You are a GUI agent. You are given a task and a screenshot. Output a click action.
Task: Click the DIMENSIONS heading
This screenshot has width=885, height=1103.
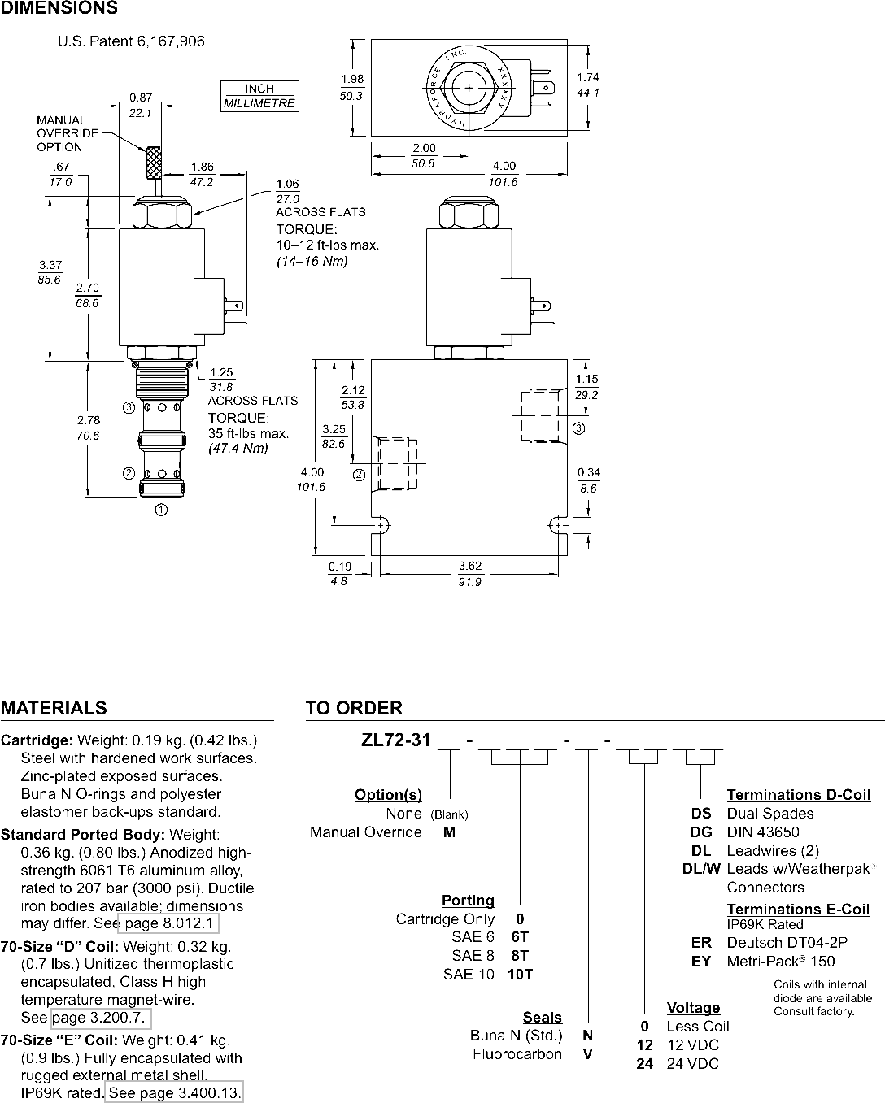pyautogui.click(x=59, y=7)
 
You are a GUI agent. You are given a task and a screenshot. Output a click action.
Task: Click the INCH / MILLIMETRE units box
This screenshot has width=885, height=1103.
pyautogui.click(x=259, y=96)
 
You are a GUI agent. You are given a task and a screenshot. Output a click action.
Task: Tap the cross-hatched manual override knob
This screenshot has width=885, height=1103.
pyautogui.click(x=154, y=163)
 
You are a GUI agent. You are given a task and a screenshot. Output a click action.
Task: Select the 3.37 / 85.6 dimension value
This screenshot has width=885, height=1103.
pyautogui.click(x=50, y=272)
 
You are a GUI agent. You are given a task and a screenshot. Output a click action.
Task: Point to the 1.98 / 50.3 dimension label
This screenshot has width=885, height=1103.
pyautogui.click(x=352, y=87)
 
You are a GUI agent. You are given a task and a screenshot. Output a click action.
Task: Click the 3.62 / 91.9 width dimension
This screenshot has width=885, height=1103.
pyautogui.click(x=470, y=574)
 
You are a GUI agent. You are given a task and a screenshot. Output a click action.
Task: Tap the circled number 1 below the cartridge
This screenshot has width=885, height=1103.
pyautogui.click(x=161, y=510)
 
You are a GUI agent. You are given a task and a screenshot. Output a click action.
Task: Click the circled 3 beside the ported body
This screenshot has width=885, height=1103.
pyautogui.click(x=578, y=428)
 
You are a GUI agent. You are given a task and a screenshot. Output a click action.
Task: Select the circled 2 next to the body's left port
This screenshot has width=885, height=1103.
pyautogui.click(x=360, y=476)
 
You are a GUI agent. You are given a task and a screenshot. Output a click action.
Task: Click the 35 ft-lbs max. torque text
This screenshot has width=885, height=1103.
pyautogui.click(x=248, y=433)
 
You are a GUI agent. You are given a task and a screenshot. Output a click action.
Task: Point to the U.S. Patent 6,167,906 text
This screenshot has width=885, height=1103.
pyautogui.click(x=131, y=41)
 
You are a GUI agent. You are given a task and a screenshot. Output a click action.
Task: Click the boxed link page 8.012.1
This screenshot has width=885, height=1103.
pyautogui.click(x=168, y=923)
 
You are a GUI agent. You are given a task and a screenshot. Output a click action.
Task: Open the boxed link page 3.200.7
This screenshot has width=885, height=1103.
pyautogui.click(x=101, y=1017)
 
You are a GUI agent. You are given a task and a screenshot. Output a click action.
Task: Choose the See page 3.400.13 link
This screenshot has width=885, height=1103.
pyautogui.click(x=174, y=1092)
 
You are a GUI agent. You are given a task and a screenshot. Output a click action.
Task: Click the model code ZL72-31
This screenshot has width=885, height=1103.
pyautogui.click(x=395, y=740)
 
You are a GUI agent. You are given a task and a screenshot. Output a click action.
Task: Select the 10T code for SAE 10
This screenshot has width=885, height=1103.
pyautogui.click(x=521, y=974)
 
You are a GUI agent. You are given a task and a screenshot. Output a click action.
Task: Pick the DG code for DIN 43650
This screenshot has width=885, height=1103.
pyautogui.click(x=701, y=832)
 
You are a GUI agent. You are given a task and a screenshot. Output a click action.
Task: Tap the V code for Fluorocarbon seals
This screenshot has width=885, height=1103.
pyautogui.click(x=588, y=1053)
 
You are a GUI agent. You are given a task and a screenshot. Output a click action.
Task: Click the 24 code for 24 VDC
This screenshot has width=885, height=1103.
pyautogui.click(x=645, y=1063)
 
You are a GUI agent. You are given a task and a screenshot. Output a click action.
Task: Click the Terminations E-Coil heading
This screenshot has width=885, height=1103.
pyautogui.click(x=798, y=910)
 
